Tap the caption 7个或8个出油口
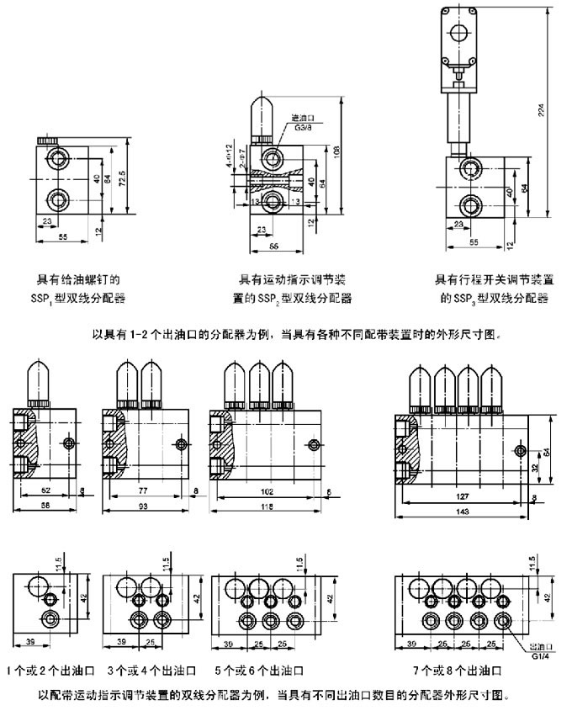458,671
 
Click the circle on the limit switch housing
457,32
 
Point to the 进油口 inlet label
299,119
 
